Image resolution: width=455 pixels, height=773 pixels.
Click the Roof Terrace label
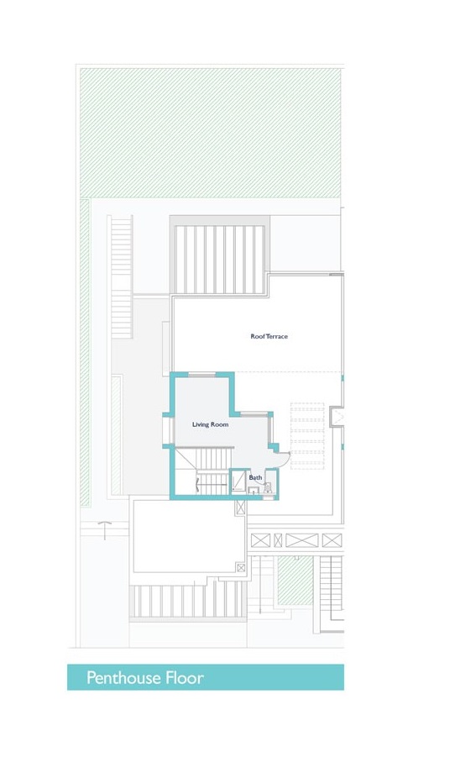pyautogui.click(x=269, y=336)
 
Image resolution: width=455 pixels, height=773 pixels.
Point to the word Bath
pyautogui.click(x=255, y=477)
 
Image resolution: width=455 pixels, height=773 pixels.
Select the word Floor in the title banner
pyautogui.click(x=184, y=678)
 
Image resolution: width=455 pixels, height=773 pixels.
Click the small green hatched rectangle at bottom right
pyautogui.click(x=295, y=580)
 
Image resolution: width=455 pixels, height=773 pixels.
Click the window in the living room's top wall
pyautogui.click(x=201, y=373)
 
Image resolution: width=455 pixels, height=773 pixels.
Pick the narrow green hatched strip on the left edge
pyautogui.click(x=84, y=353)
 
